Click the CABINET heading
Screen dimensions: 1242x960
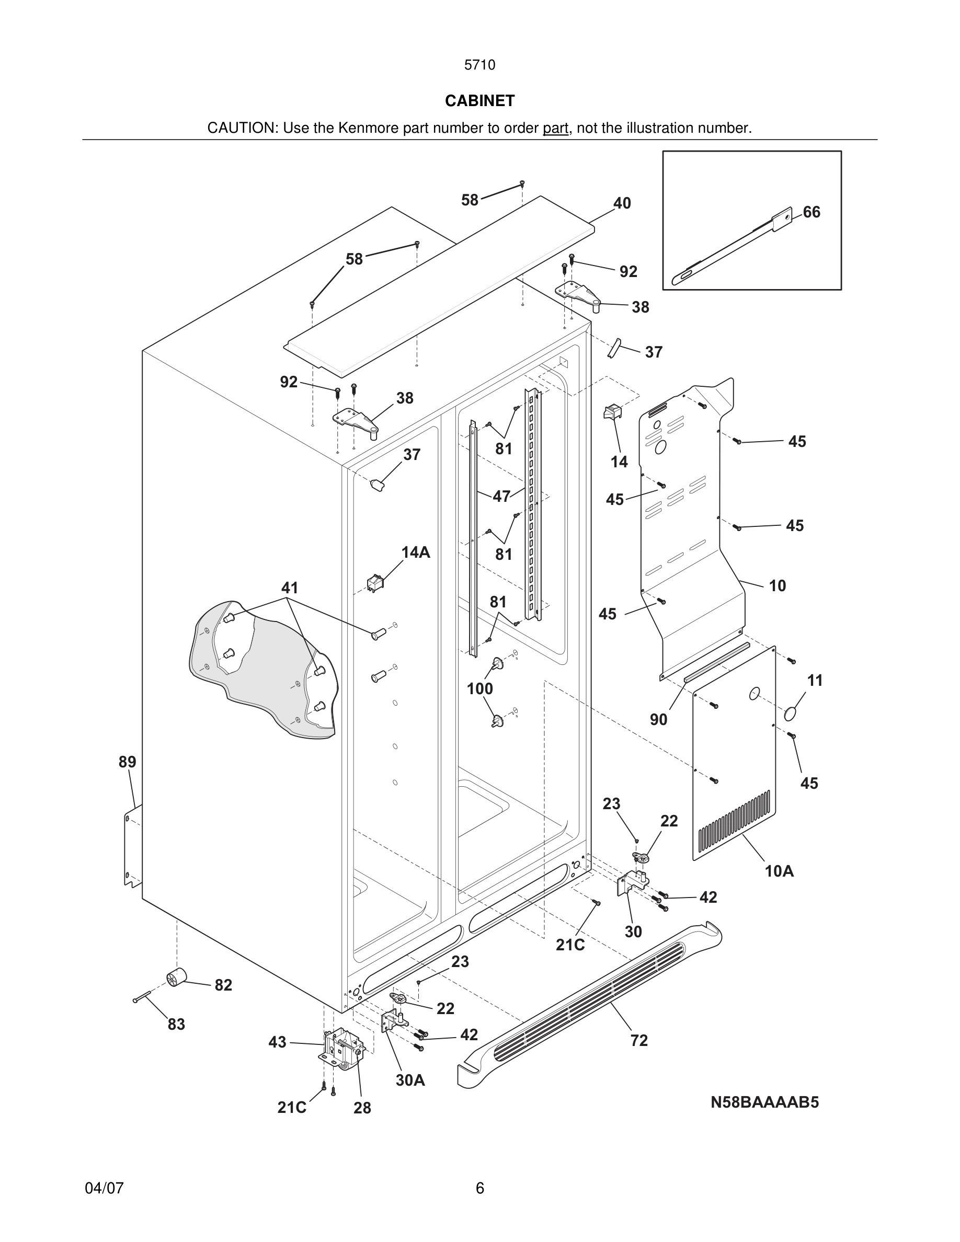(479, 101)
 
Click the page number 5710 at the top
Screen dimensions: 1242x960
(479, 65)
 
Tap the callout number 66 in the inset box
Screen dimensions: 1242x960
(812, 212)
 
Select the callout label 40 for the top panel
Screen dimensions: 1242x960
(622, 203)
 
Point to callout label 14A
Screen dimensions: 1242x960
(415, 551)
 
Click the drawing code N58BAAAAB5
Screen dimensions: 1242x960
(764, 1102)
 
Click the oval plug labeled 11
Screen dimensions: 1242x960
(791, 714)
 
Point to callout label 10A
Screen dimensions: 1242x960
(779, 871)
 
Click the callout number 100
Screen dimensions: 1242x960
(479, 688)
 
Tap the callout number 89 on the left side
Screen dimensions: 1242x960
(128, 762)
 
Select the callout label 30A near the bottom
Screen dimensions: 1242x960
(410, 1080)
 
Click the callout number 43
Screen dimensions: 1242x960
(277, 1042)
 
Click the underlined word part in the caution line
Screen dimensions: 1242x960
(555, 129)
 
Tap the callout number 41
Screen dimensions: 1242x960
(290, 588)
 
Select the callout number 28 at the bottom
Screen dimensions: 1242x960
(362, 1108)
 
